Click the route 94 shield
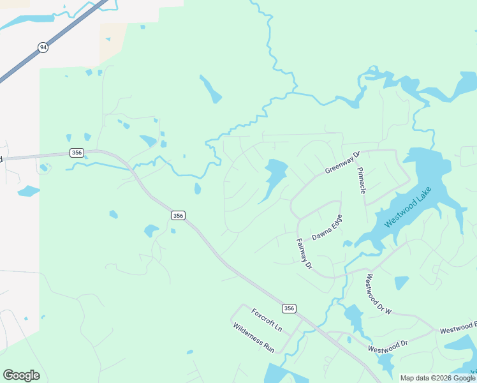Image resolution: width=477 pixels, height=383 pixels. point(43,47)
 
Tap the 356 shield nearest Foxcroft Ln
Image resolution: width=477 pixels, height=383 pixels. point(289,308)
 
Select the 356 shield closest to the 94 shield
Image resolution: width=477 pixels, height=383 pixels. point(77,153)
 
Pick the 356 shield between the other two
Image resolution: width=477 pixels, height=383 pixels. point(178,216)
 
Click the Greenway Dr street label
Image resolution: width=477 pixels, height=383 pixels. point(342,162)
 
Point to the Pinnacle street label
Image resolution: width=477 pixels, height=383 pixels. point(362,181)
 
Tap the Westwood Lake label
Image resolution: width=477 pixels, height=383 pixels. point(408,207)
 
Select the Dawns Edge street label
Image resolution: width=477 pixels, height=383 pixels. point(327,227)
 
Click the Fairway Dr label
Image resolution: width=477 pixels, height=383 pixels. point(304,253)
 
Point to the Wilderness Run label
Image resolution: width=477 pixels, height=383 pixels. point(253,338)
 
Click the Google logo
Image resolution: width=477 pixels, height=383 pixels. point(21,375)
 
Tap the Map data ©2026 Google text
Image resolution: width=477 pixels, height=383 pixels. point(437,378)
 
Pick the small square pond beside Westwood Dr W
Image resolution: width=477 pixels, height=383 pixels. point(401,282)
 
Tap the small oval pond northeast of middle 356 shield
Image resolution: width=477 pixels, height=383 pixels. point(198,188)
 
